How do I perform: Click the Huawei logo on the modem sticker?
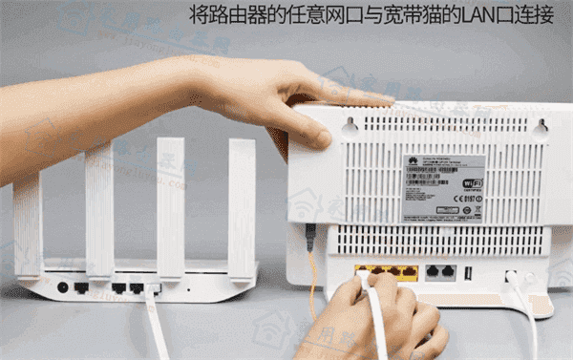point(412,161)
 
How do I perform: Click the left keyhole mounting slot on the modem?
point(350,124)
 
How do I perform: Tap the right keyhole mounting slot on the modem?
point(541,125)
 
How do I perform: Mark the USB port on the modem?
point(468,273)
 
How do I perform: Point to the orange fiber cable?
point(311,286)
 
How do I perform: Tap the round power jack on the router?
point(63,286)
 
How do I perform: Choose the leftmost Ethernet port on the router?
point(82,287)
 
